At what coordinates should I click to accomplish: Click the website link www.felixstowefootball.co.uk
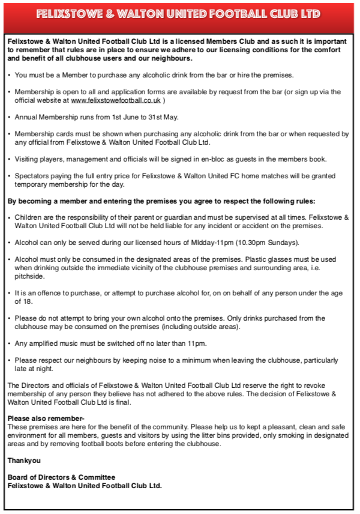point(115,100)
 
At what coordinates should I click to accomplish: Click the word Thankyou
point(24,461)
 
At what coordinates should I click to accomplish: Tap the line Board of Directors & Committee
point(61,477)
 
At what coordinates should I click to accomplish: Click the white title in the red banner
point(178,14)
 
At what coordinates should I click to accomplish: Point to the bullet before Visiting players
point(10,159)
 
